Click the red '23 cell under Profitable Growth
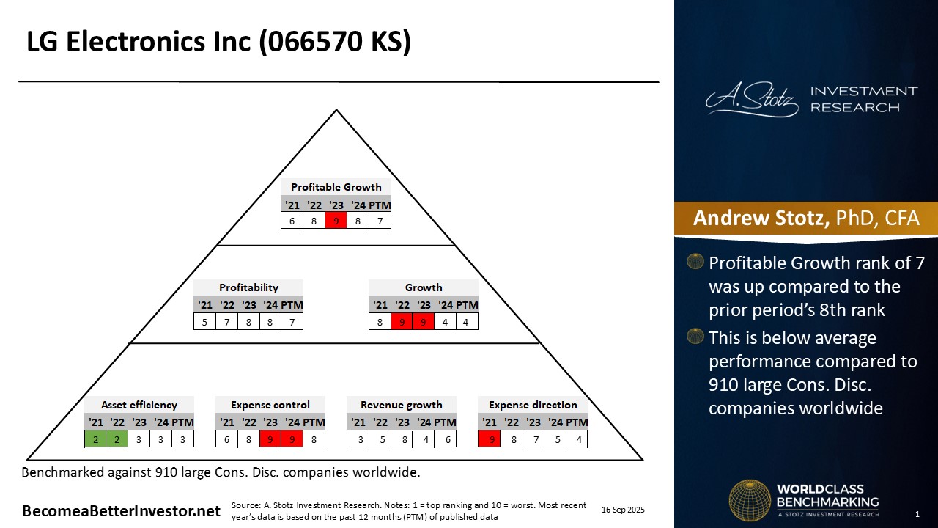pos(336,220)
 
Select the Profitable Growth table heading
pos(336,187)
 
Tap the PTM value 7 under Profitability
pos(292,321)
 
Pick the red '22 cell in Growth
pos(402,321)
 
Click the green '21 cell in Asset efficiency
pos(95,439)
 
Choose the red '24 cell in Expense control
pos(292,439)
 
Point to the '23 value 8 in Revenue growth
pos(402,439)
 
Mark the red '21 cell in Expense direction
pos(490,439)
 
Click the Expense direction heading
pos(533,405)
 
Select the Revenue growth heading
pos(402,405)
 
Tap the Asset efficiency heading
pos(139,405)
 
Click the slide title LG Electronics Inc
pos(218,43)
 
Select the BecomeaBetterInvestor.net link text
pos(122,511)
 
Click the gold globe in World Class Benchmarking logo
pos(750,501)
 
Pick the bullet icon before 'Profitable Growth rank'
pos(695,263)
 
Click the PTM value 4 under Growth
pos(467,321)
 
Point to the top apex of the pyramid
pos(336,111)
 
